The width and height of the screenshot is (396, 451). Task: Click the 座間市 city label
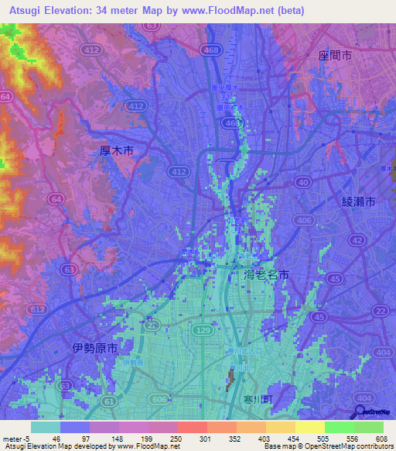(336, 57)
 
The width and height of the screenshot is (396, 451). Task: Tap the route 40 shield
(302, 183)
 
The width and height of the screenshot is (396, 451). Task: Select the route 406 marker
(307, 222)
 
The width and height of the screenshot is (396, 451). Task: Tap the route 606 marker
(158, 398)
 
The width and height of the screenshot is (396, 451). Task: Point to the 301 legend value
(206, 438)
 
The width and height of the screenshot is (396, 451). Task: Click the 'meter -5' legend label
(15, 438)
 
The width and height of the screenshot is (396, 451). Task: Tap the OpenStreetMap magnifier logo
(360, 413)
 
